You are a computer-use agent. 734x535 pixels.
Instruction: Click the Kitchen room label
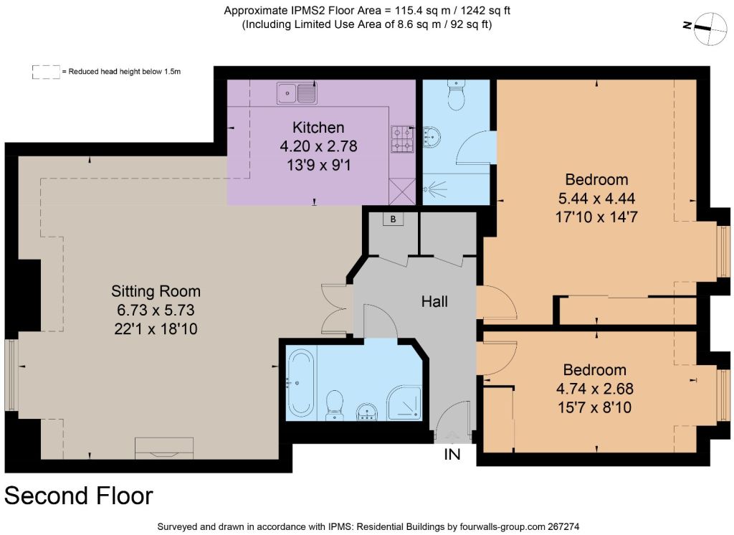318,128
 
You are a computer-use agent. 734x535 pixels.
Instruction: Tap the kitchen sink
297,93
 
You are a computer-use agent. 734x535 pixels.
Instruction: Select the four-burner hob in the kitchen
403,139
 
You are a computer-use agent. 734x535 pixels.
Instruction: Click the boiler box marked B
394,219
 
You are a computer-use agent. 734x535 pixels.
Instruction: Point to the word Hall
434,301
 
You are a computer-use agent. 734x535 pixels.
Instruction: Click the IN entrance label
452,454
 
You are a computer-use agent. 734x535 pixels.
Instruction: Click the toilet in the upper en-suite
455,94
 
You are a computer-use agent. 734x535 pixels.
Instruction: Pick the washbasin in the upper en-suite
432,137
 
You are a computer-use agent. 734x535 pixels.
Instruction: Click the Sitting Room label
156,291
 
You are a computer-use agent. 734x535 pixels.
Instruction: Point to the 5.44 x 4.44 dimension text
596,198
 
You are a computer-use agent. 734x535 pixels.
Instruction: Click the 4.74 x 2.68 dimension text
594,389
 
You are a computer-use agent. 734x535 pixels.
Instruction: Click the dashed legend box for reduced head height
46,72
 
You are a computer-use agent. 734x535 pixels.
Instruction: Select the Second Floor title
79,496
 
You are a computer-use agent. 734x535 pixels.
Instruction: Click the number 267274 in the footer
563,526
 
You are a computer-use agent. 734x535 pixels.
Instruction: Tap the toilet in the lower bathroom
334,405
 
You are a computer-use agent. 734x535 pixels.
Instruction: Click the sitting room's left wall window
11,374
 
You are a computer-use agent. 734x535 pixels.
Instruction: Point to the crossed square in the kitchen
402,192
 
